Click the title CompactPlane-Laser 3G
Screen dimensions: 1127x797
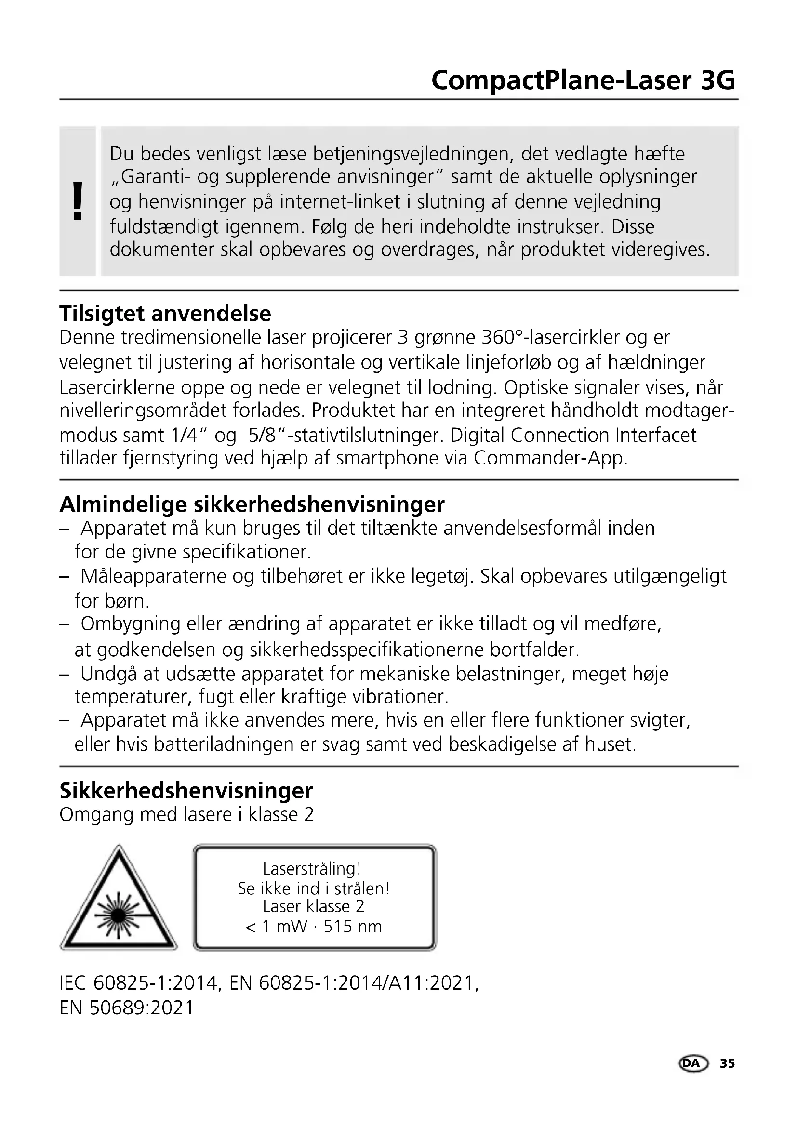point(583,80)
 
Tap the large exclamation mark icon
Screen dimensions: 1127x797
point(77,201)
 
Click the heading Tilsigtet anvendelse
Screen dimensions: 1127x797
point(165,313)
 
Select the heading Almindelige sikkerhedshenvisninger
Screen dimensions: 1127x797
point(252,504)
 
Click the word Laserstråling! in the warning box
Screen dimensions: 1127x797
point(312,869)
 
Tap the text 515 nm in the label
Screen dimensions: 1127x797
point(352,927)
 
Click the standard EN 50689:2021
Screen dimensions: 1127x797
point(127,1008)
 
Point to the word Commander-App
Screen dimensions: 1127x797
point(550,458)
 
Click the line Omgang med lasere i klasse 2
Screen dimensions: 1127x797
point(186,815)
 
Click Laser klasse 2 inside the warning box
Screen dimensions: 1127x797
point(313,907)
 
